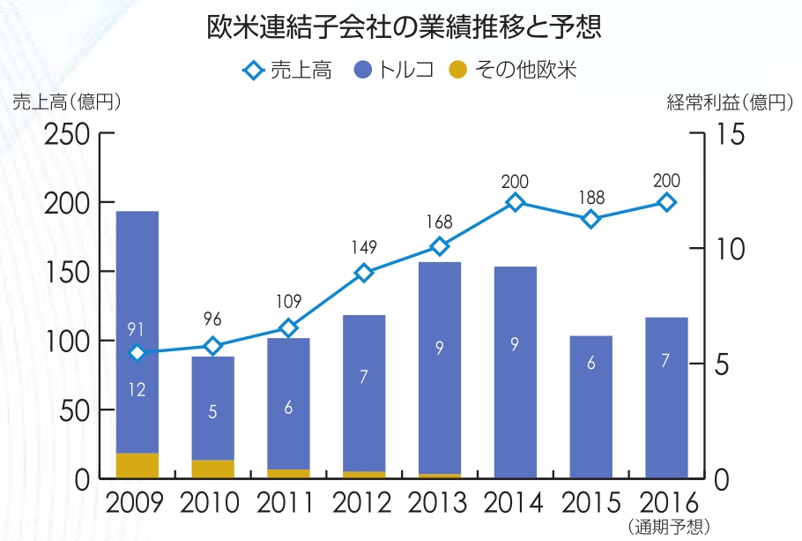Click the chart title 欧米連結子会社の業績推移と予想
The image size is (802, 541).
pos(404,27)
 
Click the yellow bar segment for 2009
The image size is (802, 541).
pos(137,466)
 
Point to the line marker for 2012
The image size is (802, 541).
pos(364,273)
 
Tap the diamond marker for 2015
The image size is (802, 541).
pos(590,220)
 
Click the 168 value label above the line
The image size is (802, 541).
pos(439,221)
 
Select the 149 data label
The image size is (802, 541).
pos(363,248)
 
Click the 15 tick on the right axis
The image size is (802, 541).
pos(731,135)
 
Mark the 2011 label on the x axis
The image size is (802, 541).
pos(286,504)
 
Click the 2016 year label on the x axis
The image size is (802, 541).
pos(667,504)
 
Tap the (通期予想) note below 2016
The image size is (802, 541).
pos(667,528)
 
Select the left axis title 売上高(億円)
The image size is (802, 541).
pos(66,101)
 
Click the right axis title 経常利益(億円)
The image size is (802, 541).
pos(731,101)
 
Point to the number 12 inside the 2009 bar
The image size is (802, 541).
pos(137,389)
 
